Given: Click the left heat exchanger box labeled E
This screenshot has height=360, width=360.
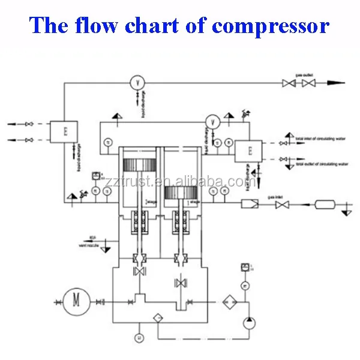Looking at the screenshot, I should click(61, 131).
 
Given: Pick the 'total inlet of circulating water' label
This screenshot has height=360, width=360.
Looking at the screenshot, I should click(322, 141).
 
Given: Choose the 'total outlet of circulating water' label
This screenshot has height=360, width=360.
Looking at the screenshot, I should click(322, 163).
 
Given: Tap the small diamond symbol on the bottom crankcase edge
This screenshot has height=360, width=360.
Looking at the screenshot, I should click(158, 318).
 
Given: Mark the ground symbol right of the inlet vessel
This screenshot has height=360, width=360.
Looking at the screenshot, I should click(346, 211).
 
